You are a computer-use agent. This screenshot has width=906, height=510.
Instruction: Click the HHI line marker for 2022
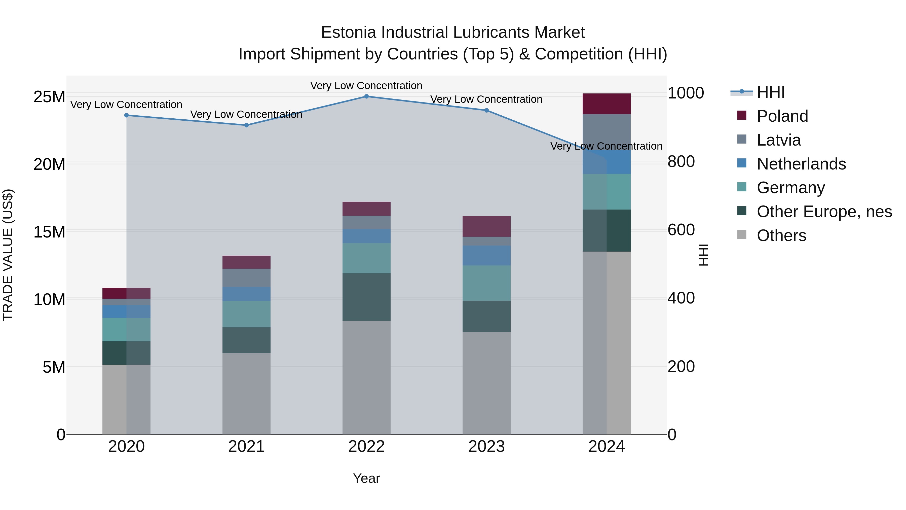pyautogui.click(x=366, y=96)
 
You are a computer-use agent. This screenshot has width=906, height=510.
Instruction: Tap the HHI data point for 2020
pyautogui.click(x=127, y=115)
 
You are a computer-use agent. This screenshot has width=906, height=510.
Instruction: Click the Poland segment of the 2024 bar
pyautogui.click(x=606, y=104)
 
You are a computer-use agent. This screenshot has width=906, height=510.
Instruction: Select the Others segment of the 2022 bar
pyautogui.click(x=366, y=377)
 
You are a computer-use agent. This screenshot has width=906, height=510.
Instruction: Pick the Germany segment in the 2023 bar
pyautogui.click(x=486, y=283)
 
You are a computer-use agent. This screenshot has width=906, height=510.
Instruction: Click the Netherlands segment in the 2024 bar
pyautogui.click(x=618, y=162)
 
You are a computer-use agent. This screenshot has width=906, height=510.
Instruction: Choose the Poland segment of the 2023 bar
pyautogui.click(x=486, y=226)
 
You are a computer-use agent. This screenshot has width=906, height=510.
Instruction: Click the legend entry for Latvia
pyautogui.click(x=779, y=140)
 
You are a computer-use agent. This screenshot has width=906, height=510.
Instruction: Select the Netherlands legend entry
pyautogui.click(x=801, y=164)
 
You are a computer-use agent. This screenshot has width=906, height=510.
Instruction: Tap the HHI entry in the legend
pyautogui.click(x=771, y=92)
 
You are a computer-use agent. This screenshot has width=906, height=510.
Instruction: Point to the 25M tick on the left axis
pyautogui.click(x=49, y=97)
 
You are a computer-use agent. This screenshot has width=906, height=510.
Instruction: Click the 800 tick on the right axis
pyautogui.click(x=681, y=161)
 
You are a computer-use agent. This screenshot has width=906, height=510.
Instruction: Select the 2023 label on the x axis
pyautogui.click(x=486, y=447)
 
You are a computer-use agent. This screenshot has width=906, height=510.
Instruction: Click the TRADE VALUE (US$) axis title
pyautogui.click(x=8, y=255)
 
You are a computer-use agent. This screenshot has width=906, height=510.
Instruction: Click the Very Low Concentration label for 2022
pyautogui.click(x=366, y=86)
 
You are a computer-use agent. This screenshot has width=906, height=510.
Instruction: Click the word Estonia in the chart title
pyautogui.click(x=349, y=32)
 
